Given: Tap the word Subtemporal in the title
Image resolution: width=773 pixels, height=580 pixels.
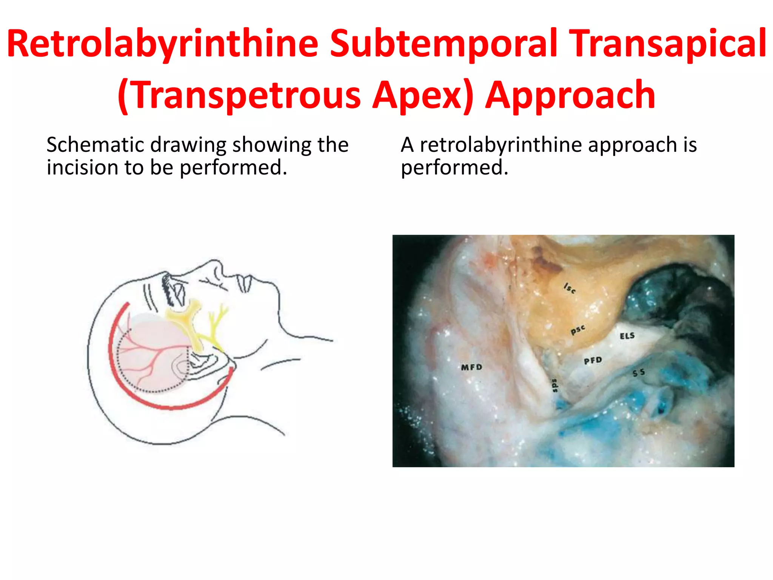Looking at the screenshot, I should pos(443,45).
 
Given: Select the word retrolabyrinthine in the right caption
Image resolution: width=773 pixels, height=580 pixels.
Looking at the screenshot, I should pos(500,145).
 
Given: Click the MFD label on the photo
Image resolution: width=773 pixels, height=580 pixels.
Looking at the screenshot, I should pos(471,367).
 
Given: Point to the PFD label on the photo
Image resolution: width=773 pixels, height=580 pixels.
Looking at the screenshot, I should pos(593,361).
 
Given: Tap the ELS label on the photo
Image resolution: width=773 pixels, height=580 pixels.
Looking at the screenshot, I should pos(627,336).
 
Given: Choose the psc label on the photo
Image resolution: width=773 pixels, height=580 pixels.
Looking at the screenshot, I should pos(577,330).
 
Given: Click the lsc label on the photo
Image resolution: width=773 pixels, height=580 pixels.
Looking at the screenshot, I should pos(570,288).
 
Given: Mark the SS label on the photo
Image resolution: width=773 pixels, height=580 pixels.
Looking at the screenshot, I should pos(639,373).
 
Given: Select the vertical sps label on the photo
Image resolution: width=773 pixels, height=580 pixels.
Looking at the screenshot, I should pos(554,385).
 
